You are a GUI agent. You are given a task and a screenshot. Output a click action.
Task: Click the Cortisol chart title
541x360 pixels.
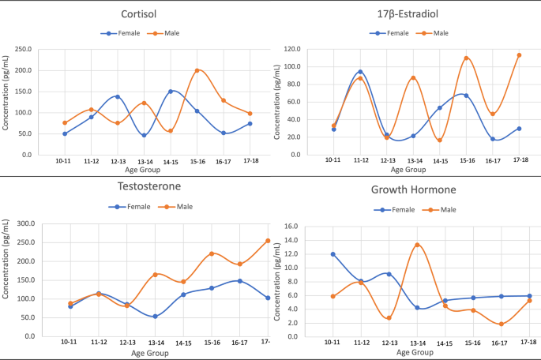tap(137, 15)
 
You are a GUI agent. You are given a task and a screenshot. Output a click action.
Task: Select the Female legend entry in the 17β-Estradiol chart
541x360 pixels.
tap(392, 33)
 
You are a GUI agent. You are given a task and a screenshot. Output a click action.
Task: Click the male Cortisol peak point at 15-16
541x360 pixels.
tap(197, 70)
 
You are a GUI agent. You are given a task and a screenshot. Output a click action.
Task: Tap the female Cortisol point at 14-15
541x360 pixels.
tap(170, 92)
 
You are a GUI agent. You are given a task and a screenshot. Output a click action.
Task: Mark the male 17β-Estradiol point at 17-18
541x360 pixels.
tap(519, 55)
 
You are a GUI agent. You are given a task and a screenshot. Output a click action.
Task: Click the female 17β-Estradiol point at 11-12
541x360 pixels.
tap(360, 72)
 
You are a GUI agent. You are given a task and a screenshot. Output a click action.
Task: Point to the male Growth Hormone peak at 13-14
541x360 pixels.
tap(417, 245)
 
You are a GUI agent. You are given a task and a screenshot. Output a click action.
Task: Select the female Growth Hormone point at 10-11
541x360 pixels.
tap(333, 254)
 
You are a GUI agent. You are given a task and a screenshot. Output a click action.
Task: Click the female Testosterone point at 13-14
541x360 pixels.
tap(156, 317)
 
